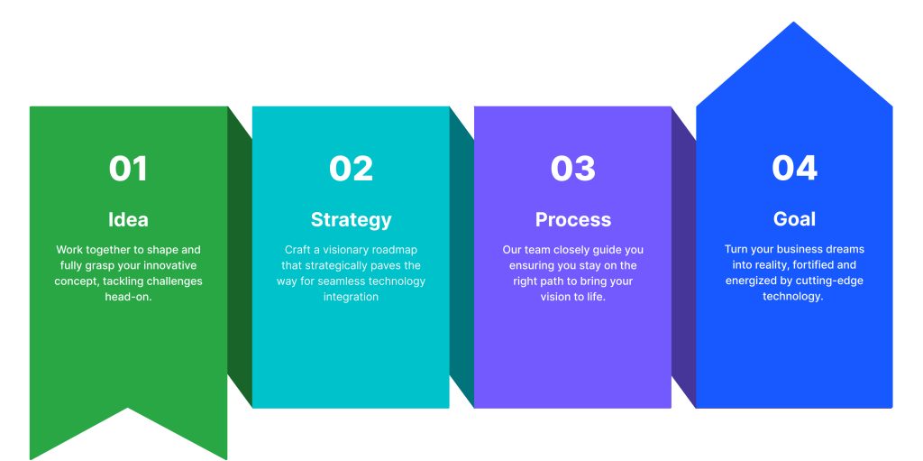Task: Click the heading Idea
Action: pyautogui.click(x=128, y=219)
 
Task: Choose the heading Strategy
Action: pyautogui.click(x=351, y=220)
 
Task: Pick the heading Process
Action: pyautogui.click(x=572, y=219)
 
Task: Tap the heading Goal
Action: pyautogui.click(x=794, y=218)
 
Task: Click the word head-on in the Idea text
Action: pyautogui.click(x=128, y=297)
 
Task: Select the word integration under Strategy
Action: pyautogui.click(x=351, y=297)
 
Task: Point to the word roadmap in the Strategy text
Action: pyautogui.click(x=395, y=250)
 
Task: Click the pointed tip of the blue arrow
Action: pyautogui.click(x=793, y=23)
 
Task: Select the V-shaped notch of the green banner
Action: pyautogui.click(x=128, y=408)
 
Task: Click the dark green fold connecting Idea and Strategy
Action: pyautogui.click(x=240, y=257)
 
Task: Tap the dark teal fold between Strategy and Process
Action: pyautogui.click(x=461, y=257)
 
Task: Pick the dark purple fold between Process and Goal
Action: pyautogui.click(x=683, y=257)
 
